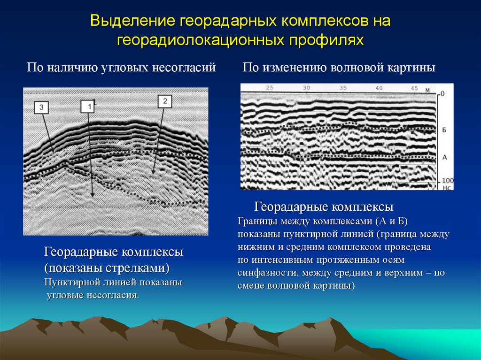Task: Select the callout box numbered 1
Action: [x=87, y=107]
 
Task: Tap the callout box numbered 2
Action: [x=165, y=100]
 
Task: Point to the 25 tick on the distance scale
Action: [x=269, y=88]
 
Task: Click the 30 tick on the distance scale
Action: [x=306, y=88]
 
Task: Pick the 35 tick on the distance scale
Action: [x=342, y=88]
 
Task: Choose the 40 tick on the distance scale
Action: [x=379, y=88]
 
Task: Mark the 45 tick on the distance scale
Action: [x=414, y=88]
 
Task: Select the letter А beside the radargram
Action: [x=444, y=157]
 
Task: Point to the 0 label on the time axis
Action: [x=442, y=94]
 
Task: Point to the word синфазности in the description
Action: [x=268, y=272]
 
